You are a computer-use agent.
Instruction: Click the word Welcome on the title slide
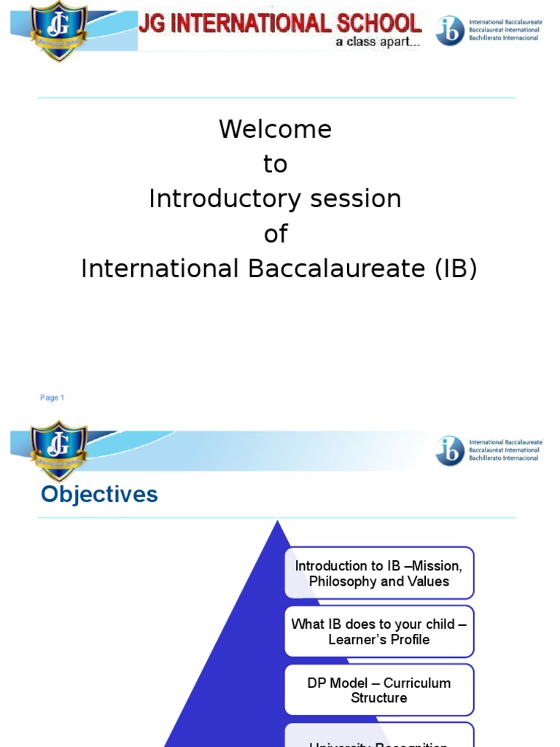(x=275, y=130)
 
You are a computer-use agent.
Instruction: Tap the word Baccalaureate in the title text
(x=336, y=269)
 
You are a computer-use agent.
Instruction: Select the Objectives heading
(x=99, y=495)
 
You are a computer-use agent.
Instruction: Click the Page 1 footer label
(x=52, y=398)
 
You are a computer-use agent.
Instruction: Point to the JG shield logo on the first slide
(x=58, y=30)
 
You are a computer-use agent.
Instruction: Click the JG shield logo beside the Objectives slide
(x=58, y=450)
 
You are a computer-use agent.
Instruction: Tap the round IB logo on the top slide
(x=450, y=31)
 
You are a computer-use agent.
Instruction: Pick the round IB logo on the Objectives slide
(x=450, y=450)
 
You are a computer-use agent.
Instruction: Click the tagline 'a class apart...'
(x=377, y=42)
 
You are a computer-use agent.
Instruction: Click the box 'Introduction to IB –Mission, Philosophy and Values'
(x=378, y=573)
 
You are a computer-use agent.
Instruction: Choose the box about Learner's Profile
(x=378, y=632)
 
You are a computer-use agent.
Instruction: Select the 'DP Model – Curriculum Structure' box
(x=378, y=690)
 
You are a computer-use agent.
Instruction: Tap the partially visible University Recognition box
(x=378, y=738)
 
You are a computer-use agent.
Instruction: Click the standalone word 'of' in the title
(x=275, y=234)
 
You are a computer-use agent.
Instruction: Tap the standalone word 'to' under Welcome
(x=275, y=165)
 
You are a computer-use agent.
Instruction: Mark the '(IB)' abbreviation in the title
(x=455, y=269)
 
